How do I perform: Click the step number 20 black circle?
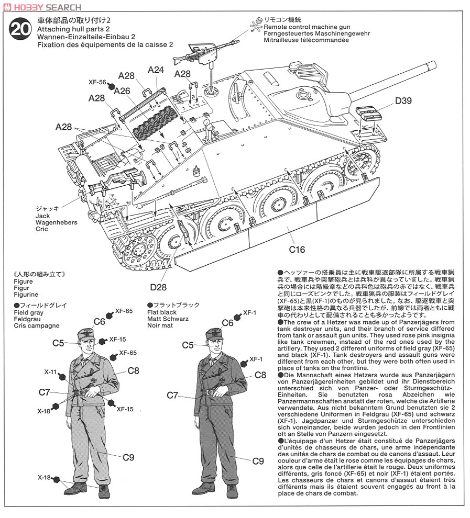coord(20,29)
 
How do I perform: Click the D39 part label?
coord(403,101)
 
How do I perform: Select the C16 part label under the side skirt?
coord(297,250)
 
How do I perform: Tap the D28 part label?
coord(158,287)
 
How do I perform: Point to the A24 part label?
coord(156,70)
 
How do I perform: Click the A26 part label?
coord(122,91)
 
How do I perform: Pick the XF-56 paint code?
coord(97,82)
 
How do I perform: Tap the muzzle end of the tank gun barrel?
coord(433,65)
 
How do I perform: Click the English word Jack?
coord(42,216)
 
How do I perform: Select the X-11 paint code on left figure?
coord(51,372)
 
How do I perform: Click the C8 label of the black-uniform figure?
coord(260,375)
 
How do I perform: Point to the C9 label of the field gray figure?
coord(128,457)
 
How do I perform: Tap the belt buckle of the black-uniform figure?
coord(209,392)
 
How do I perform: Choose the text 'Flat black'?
coord(162,312)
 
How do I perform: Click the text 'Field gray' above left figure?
coord(28,312)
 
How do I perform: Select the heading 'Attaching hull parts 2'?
coord(73,29)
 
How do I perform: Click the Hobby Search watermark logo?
coord(42,7)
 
